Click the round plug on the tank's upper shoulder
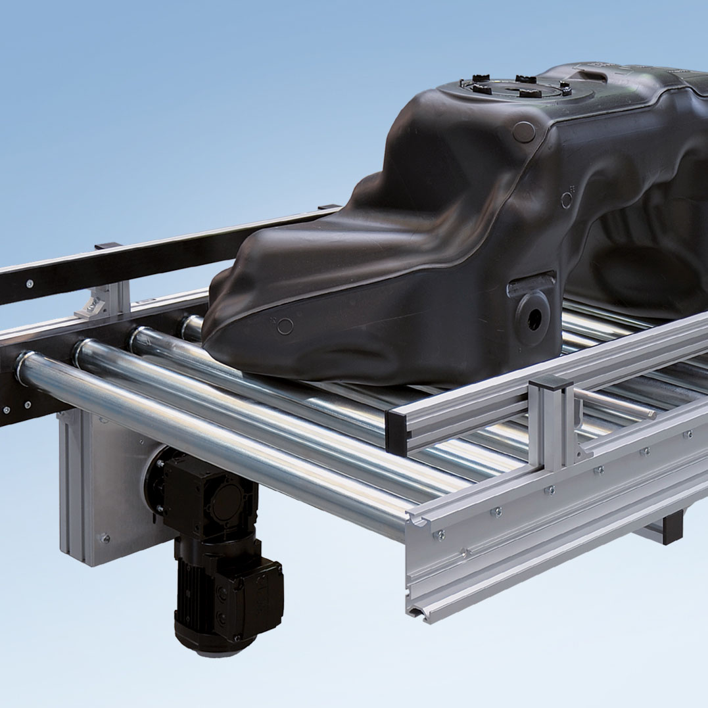(524, 131)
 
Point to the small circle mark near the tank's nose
(285, 325)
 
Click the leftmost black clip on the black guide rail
(108, 247)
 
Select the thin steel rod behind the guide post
(615, 402)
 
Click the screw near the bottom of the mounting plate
(105, 538)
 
